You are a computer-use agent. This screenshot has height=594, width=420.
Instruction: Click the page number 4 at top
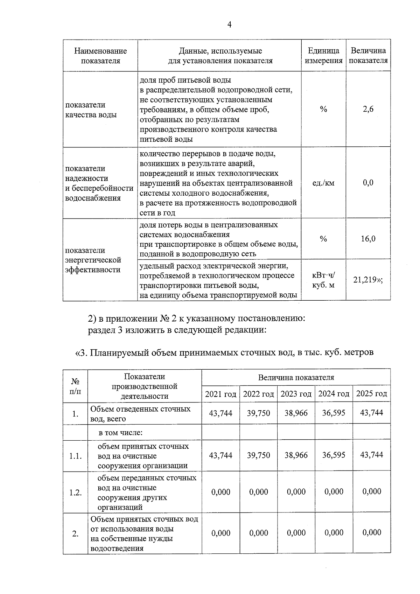[x=229, y=25]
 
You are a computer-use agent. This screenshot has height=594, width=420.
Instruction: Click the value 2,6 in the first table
[x=368, y=109]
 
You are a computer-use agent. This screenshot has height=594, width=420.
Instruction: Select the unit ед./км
[x=323, y=183]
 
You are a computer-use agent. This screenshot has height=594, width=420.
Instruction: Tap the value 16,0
[x=368, y=239]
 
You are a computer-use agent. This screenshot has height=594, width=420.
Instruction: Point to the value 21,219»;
[x=367, y=280]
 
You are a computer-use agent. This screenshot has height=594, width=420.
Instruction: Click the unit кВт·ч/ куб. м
[x=323, y=280]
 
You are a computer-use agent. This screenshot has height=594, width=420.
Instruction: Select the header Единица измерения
[x=323, y=56]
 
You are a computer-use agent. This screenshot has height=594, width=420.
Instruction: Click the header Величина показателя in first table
[x=368, y=56]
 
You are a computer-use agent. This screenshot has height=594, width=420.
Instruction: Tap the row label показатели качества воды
[x=91, y=110]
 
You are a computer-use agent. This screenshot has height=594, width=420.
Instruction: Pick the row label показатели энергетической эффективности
[x=93, y=260]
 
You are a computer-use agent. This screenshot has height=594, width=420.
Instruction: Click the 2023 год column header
[x=296, y=394]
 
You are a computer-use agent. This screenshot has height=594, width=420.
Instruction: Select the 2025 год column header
[x=371, y=394]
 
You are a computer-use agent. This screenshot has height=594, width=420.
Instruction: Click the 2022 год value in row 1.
[x=258, y=413]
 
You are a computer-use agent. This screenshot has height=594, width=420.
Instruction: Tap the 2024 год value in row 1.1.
[x=334, y=455]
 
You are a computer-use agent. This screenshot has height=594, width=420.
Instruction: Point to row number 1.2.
[x=75, y=492]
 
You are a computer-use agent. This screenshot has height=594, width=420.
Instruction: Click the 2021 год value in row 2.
[x=220, y=533]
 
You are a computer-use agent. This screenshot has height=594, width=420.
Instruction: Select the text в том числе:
[x=120, y=432]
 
